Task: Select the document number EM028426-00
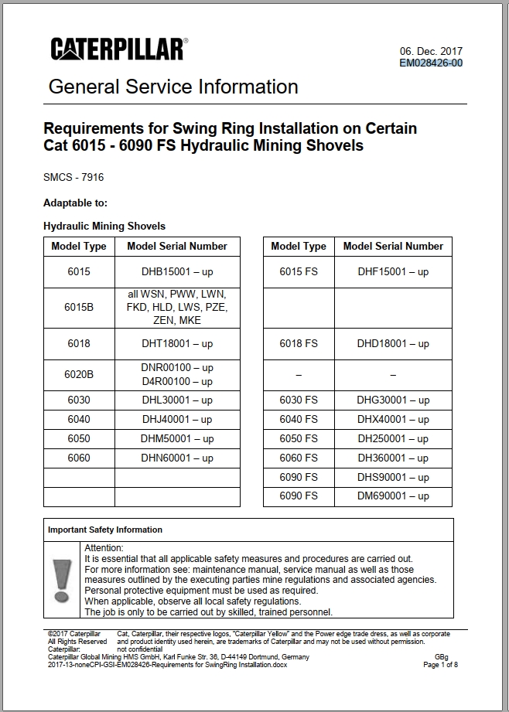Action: (x=431, y=63)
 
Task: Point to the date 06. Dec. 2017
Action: (x=431, y=51)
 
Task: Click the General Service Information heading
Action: (x=173, y=87)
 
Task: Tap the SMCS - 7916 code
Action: (x=73, y=177)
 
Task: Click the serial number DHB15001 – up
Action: (x=177, y=272)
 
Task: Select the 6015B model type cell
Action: (x=79, y=307)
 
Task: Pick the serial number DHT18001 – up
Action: (x=177, y=343)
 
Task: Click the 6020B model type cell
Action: (x=79, y=374)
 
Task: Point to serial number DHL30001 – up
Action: (x=177, y=400)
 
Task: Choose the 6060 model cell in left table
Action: (x=79, y=458)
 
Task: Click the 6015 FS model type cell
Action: (x=299, y=272)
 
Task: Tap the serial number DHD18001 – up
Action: (x=393, y=343)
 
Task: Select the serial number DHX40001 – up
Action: (x=393, y=420)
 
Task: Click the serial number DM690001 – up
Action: (x=393, y=496)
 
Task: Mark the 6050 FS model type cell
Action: (x=299, y=439)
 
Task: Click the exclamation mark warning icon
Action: (x=62, y=580)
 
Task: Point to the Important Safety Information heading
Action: (x=105, y=530)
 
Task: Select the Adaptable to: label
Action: (x=75, y=203)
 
